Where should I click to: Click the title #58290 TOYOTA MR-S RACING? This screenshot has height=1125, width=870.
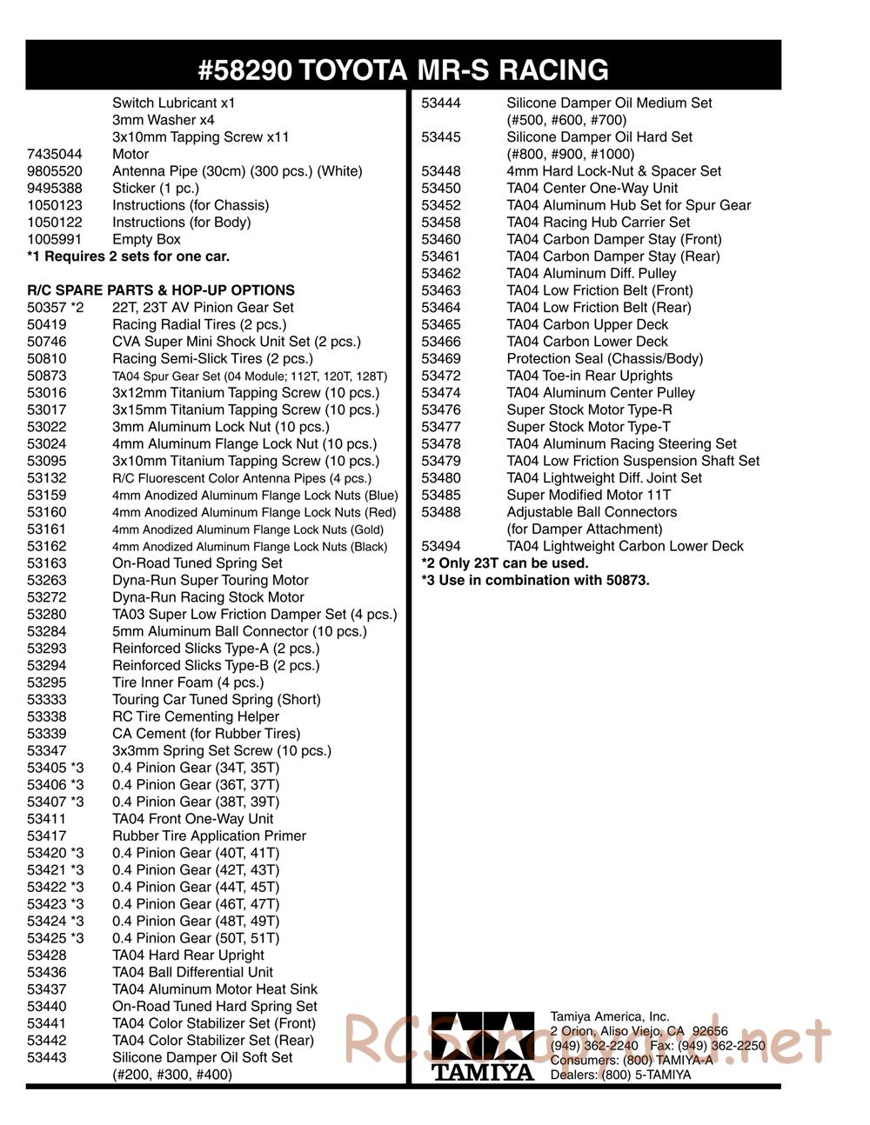coord(403,70)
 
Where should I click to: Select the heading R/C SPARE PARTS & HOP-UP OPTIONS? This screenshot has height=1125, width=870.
coord(161,290)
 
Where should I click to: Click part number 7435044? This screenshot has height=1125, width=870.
coord(55,154)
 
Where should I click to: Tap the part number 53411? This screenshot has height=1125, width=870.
coord(47,819)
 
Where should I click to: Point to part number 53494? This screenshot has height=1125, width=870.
coord(441,546)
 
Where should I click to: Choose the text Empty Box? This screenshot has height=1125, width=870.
coord(146,239)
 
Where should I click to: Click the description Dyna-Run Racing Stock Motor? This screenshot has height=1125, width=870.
coord(208,597)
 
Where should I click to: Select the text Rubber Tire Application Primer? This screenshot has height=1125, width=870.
coord(209,835)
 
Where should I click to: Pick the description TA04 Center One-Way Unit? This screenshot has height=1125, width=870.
coord(592,188)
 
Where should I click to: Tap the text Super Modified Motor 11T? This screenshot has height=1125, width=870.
coord(588,495)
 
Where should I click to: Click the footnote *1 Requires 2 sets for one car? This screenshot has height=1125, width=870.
coord(129,256)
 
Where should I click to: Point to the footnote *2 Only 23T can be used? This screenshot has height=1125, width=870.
coord(505,563)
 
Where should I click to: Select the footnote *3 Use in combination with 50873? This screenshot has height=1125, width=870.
coord(535,580)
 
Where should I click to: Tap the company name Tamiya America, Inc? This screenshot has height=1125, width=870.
coord(610,1016)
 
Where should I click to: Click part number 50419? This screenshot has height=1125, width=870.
coord(47,324)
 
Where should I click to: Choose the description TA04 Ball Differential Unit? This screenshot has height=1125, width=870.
coord(192,972)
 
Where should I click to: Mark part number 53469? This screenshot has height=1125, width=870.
coord(441,358)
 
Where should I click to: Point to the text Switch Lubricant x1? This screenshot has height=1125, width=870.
coord(174,103)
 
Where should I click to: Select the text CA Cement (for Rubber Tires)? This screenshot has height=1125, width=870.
coord(206,734)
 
